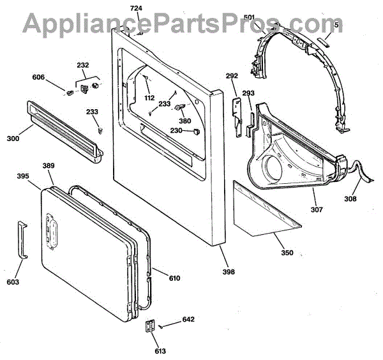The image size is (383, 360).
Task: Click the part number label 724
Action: pos(136,8)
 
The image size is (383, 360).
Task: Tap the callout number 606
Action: pos(40,77)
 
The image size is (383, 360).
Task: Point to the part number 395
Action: pos(23,176)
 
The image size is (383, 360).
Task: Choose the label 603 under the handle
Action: pos(13,281)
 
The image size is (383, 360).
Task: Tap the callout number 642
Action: pos(188,319)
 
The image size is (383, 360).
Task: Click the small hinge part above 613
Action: pos(150,326)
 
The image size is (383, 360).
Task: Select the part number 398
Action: pos(229,272)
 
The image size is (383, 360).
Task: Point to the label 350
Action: pos(287,253)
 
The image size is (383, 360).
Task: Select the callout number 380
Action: pos(184,121)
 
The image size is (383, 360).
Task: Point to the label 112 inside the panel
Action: pos(149,98)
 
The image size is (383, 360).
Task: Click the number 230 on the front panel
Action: pos(176,131)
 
